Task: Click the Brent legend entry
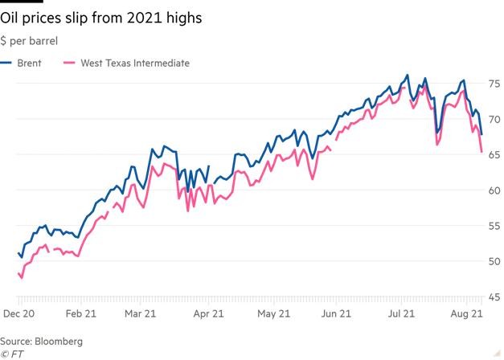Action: pos(27,62)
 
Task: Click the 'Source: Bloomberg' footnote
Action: pos(42,342)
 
